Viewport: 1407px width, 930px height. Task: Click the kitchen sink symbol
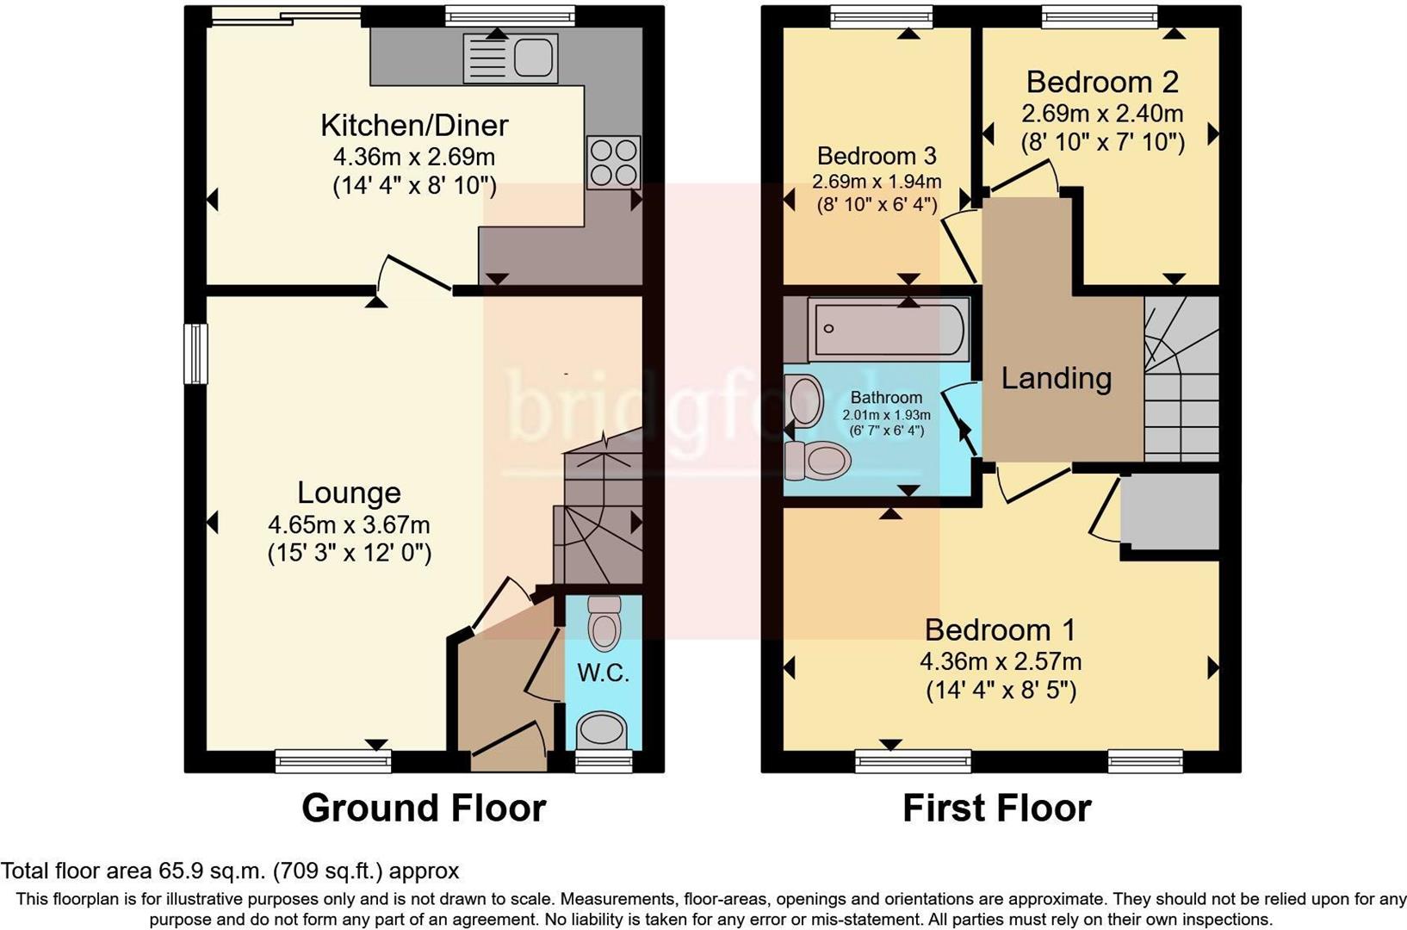click(x=511, y=59)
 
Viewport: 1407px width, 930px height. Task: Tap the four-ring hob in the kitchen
click(x=613, y=162)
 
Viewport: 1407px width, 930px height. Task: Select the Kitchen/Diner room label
click(x=414, y=126)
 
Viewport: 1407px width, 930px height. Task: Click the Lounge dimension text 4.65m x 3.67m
click(x=349, y=524)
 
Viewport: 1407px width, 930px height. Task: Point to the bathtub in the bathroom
click(x=887, y=329)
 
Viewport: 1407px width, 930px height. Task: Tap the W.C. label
click(x=603, y=673)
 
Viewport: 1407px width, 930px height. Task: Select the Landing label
click(x=1056, y=379)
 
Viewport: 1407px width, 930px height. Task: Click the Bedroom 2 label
click(x=1102, y=82)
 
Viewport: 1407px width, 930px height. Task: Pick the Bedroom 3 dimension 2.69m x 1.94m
click(x=876, y=182)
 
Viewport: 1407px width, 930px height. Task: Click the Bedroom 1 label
click(x=1000, y=630)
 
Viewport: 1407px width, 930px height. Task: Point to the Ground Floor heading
click(x=424, y=809)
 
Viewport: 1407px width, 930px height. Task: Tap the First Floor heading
click(x=996, y=809)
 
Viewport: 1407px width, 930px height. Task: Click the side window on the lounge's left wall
click(x=196, y=353)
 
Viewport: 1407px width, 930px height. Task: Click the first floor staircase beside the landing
click(x=1181, y=379)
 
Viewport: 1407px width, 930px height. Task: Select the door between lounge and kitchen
click(x=418, y=274)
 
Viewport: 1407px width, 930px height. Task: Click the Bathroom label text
click(x=886, y=398)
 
